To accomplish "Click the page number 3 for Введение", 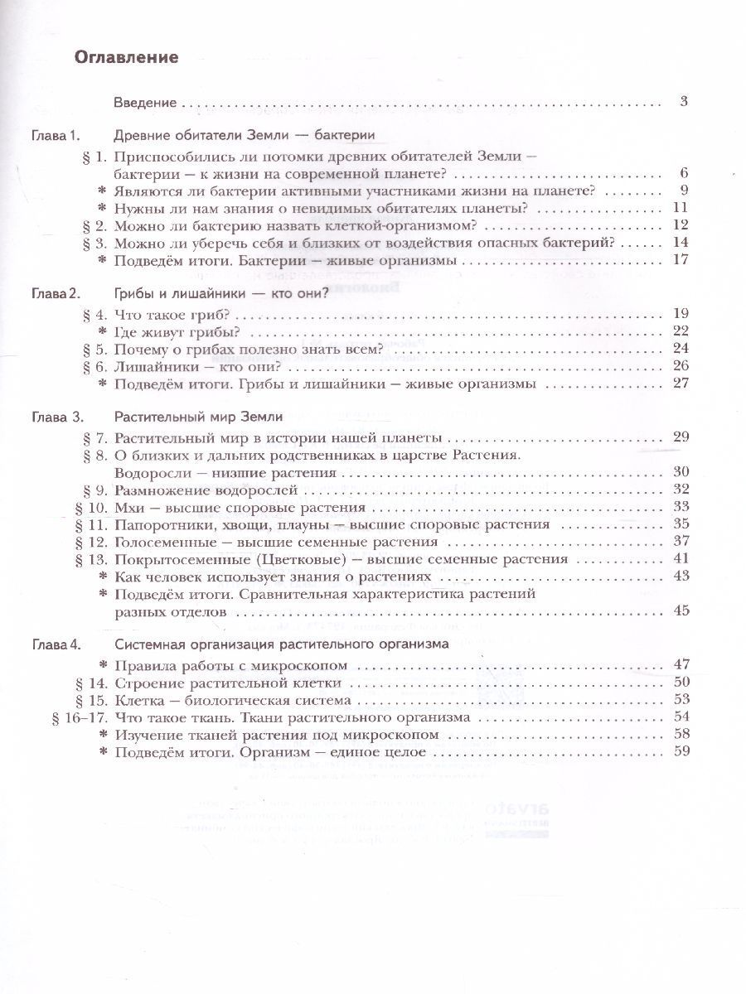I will click(684, 103).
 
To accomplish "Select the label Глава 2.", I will click(54, 292).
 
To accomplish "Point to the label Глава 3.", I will click(54, 416).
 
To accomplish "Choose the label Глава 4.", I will click(54, 643).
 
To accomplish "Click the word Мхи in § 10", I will click(130, 507).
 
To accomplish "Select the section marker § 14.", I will click(94, 683).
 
